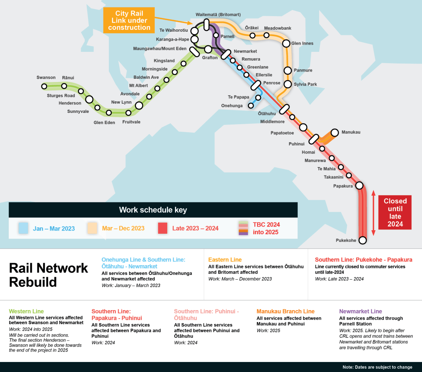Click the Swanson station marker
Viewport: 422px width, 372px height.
point(45,86)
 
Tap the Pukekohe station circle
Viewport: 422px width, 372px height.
point(363,240)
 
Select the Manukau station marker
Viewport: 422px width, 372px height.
point(334,133)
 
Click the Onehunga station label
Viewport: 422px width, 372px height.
point(232,106)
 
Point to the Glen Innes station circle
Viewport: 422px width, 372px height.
point(286,43)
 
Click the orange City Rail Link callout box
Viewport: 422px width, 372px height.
point(129,20)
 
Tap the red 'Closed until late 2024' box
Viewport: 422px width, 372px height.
point(395,213)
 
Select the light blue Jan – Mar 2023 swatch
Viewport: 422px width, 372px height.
point(23,228)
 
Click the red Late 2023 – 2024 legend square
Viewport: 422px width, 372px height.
point(162,228)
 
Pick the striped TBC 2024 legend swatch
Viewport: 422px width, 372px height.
point(243,228)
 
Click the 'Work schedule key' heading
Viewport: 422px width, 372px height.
point(153,210)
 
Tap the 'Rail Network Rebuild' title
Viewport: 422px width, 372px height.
point(48,275)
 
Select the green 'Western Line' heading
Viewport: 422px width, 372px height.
point(26,311)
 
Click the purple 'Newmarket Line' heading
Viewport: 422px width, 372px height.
point(361,311)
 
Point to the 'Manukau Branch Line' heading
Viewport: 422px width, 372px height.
point(285,311)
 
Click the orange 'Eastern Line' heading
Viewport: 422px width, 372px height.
point(225,260)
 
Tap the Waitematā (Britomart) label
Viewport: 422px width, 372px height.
point(218,14)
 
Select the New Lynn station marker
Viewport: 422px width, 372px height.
point(139,105)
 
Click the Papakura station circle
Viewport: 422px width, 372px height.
point(359,186)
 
